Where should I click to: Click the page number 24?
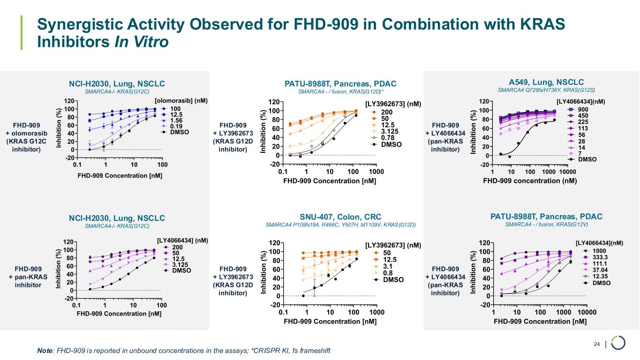(597, 345)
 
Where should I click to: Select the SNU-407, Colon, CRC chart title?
(340, 217)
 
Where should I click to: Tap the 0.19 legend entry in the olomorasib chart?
(176, 127)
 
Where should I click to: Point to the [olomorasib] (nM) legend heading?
(181, 101)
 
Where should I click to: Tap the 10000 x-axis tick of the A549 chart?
(567, 172)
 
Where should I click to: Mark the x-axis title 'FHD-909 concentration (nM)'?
(529, 180)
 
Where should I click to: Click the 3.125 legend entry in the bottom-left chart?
(181, 264)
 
